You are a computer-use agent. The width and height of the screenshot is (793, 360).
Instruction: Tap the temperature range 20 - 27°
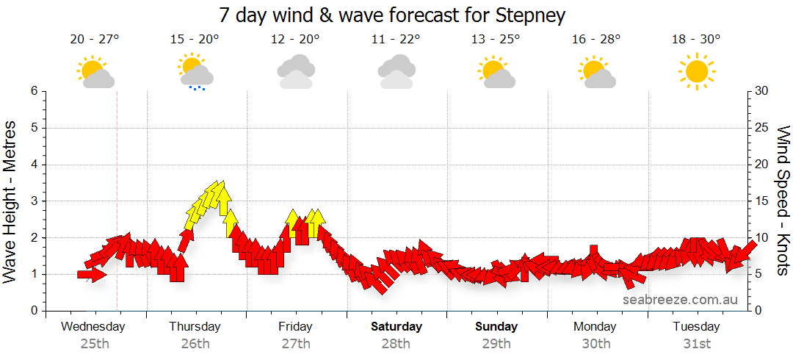coord(95,40)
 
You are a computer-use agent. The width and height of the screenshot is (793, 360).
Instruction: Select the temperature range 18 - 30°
coord(696,40)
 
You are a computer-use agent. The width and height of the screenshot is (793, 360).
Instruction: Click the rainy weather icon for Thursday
coord(195,71)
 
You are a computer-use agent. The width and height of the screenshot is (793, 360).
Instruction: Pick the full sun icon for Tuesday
coord(696,71)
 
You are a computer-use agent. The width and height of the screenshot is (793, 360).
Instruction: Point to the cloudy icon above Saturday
coord(396,71)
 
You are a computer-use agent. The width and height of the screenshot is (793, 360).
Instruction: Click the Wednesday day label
coord(93,326)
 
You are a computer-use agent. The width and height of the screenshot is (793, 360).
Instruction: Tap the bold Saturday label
coord(396,326)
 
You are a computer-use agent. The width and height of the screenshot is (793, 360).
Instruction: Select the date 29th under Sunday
coord(496,343)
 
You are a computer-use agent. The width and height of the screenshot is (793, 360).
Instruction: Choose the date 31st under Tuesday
coord(696,343)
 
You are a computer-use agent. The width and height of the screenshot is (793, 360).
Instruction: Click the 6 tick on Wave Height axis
coord(34,91)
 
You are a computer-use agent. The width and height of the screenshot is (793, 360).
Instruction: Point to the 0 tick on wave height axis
coord(34,311)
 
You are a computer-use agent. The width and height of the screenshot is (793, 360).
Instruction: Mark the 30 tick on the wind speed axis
coord(762,91)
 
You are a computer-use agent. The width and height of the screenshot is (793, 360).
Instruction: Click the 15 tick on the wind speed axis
coord(762,201)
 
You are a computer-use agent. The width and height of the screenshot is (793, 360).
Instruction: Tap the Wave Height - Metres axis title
coord(12,201)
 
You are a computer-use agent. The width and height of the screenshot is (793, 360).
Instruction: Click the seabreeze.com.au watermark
coord(680,299)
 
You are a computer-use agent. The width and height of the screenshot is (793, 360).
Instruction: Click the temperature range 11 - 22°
coord(396,40)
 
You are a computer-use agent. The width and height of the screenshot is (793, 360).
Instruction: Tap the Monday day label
coord(595,326)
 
